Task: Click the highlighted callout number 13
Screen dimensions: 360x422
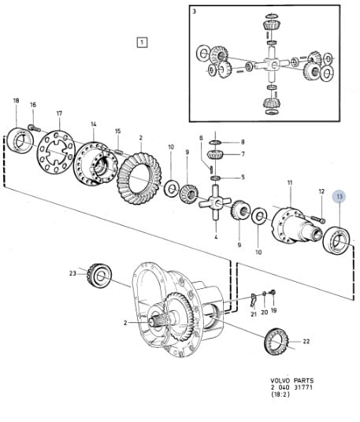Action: point(340,197)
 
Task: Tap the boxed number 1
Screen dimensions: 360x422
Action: point(142,43)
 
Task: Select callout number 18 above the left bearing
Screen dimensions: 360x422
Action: point(17,101)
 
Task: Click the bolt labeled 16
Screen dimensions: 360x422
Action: point(34,128)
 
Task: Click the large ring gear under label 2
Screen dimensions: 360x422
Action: point(139,178)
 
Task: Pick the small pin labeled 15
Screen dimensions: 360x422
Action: point(118,151)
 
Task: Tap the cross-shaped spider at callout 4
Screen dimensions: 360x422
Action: point(215,202)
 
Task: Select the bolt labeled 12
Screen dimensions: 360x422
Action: point(317,219)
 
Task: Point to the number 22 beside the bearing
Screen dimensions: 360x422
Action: point(306,341)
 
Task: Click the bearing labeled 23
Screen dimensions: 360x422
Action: point(99,276)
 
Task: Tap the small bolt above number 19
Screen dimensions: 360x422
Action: point(273,292)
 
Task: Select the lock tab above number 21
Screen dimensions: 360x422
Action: point(253,300)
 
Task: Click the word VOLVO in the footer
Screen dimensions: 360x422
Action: point(280,380)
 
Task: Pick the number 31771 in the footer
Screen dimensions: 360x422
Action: point(303,387)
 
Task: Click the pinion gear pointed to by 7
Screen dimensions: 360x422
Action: point(215,156)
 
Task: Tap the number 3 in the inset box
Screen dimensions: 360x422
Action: point(195,12)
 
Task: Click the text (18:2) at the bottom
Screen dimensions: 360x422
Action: point(280,394)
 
